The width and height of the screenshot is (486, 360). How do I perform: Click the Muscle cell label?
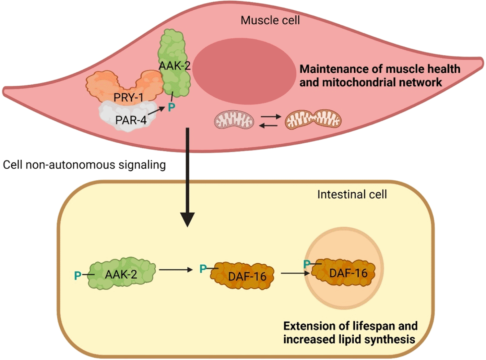[x=270, y=21]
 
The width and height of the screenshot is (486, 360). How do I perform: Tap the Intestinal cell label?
[x=352, y=194]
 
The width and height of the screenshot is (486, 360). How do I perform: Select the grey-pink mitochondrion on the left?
[x=234, y=120]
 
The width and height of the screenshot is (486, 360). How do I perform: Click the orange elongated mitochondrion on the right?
[x=313, y=120]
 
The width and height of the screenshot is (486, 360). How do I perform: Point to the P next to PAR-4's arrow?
[x=171, y=108]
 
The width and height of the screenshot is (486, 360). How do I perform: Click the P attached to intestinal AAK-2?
[x=78, y=275]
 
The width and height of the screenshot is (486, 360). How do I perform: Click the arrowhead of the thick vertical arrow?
[x=187, y=219]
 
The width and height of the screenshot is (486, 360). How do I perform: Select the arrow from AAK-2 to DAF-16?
[x=176, y=270]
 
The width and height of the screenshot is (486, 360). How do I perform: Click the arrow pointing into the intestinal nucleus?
[x=295, y=273]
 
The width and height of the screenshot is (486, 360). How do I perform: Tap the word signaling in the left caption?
[x=142, y=165]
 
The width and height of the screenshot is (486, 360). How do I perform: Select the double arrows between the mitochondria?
[x=269, y=121]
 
